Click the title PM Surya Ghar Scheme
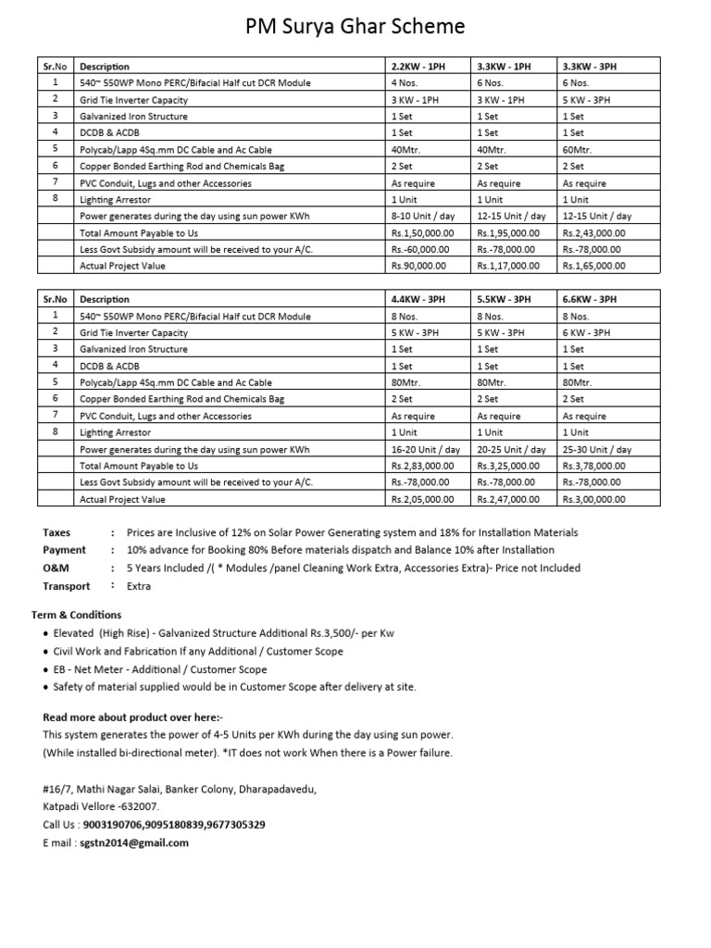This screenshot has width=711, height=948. (x=355, y=27)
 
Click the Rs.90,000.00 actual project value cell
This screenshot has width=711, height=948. (x=418, y=266)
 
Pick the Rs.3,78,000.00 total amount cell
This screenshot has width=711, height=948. (x=593, y=466)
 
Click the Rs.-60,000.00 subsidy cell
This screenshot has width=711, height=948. (x=420, y=249)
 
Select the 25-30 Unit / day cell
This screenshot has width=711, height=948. (x=596, y=449)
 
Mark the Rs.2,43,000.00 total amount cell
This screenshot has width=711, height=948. (x=593, y=232)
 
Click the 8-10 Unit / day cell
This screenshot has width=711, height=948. (x=425, y=216)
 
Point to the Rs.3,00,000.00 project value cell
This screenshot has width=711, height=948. (x=593, y=499)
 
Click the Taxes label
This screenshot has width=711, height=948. (x=56, y=533)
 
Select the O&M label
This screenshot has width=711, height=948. (x=56, y=568)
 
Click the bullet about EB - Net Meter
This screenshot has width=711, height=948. (x=160, y=669)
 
